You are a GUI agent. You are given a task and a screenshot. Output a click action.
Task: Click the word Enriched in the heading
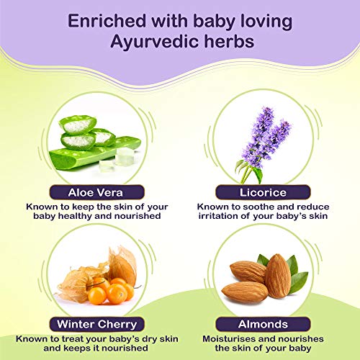(109, 21)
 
